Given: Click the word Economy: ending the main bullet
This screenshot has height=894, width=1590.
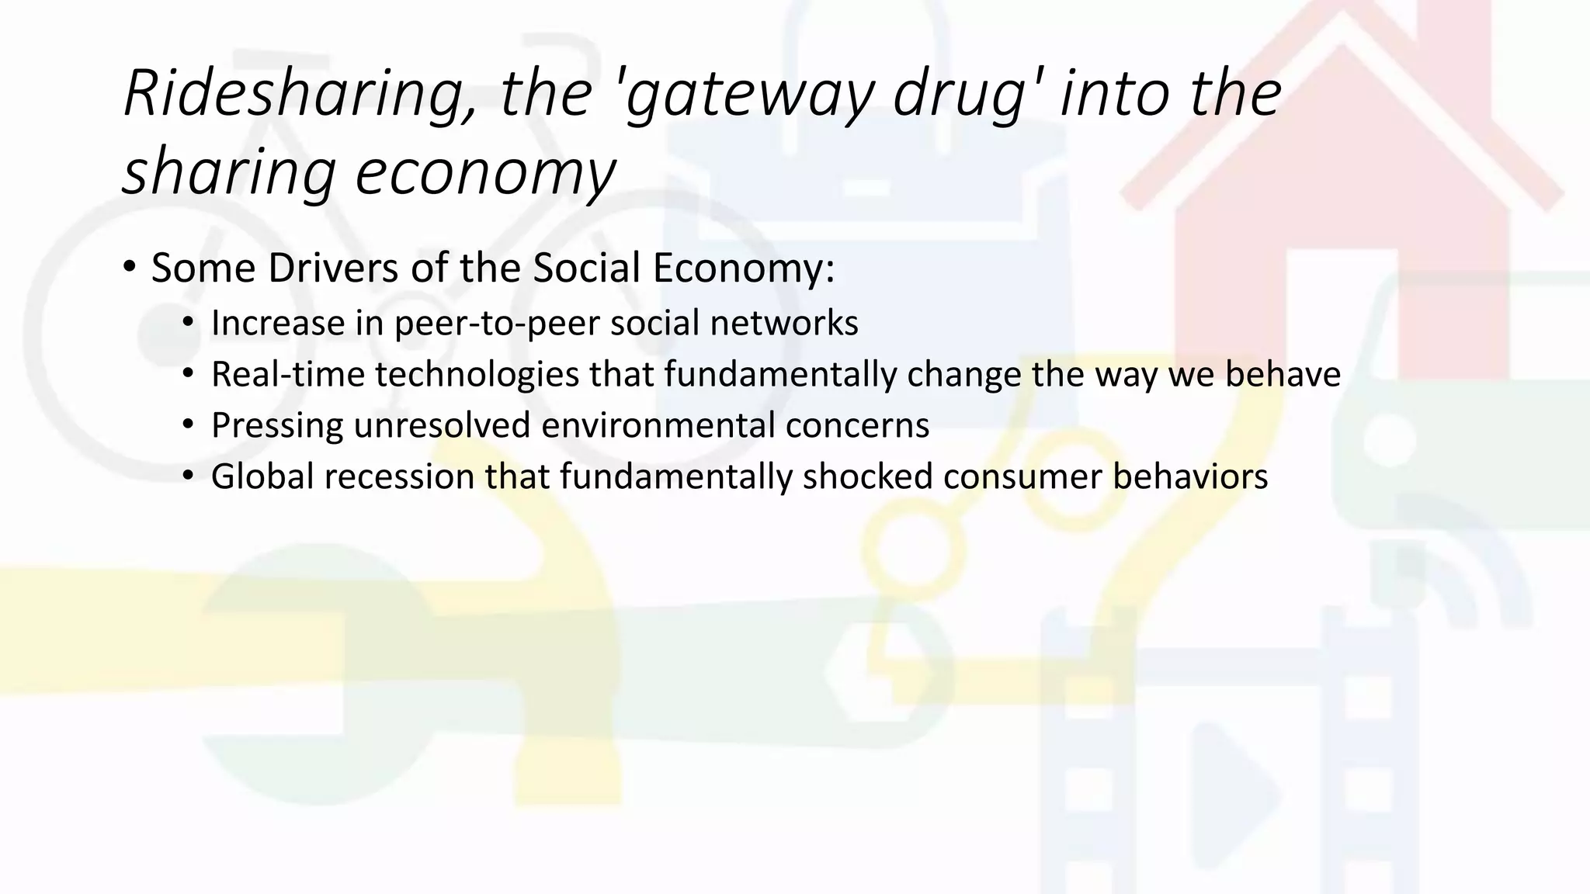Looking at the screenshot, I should [x=743, y=269].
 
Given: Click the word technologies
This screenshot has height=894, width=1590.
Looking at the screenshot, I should [x=477, y=375].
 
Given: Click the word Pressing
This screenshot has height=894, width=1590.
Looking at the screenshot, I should [x=277, y=426].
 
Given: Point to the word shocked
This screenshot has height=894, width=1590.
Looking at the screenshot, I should [x=867, y=477].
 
